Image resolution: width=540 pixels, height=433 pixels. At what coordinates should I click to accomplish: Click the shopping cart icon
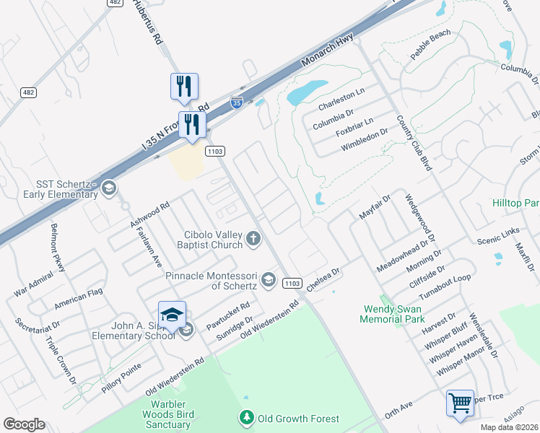point(460,402)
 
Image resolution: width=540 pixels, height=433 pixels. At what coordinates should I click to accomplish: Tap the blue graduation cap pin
point(172,314)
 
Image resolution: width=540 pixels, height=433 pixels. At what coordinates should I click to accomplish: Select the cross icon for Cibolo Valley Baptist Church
point(253,238)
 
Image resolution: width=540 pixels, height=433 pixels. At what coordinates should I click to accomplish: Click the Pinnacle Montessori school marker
point(269,279)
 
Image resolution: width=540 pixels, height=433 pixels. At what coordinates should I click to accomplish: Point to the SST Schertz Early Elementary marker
point(108,188)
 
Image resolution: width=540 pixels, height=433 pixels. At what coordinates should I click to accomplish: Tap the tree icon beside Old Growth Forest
point(247,418)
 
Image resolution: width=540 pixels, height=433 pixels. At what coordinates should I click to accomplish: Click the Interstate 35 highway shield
point(237,102)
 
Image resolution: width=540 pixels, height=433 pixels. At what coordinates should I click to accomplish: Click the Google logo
point(23,424)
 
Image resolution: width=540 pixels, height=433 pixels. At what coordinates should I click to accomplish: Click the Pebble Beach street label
point(430,45)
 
